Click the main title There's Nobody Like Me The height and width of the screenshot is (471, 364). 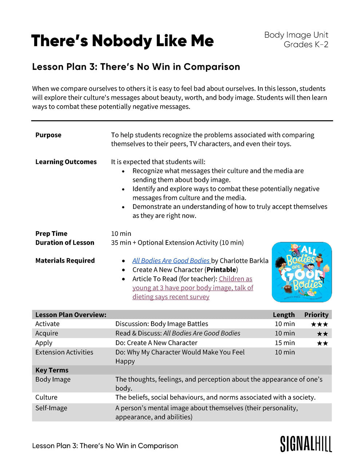[122, 41]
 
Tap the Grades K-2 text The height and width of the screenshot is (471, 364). [306, 44]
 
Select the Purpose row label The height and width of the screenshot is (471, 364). [48, 135]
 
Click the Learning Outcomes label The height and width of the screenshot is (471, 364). [66, 162]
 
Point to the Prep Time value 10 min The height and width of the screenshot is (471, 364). [121, 234]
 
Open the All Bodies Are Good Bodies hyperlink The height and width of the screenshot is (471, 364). [171, 261]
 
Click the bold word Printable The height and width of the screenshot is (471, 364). [221, 270]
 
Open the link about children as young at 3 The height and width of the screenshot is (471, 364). [193, 288]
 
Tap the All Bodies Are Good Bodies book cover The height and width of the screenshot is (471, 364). [302, 272]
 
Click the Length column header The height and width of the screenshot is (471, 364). [284, 315]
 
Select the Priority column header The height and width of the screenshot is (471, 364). [316, 315]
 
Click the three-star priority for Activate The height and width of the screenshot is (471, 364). [319, 324]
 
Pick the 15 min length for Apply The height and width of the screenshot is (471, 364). [285, 343]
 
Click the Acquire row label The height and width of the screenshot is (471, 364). [47, 333]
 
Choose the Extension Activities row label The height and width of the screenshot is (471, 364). [64, 352]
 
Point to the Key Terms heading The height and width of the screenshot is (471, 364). [52, 370]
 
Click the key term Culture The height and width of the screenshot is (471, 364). [46, 397]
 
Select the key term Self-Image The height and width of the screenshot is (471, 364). [51, 408]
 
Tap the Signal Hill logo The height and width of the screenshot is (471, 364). [306, 444]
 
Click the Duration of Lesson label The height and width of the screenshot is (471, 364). [65, 243]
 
